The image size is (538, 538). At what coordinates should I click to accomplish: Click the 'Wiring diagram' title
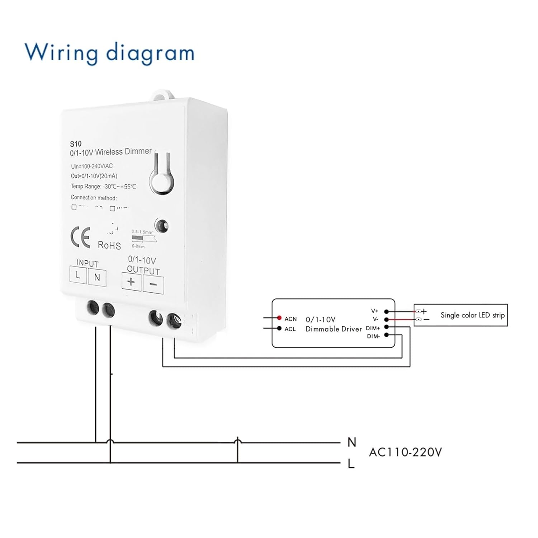coord(109,53)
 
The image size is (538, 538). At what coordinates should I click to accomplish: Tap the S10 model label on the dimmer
coord(76,144)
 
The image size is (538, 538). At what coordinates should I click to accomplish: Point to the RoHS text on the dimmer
coord(109,245)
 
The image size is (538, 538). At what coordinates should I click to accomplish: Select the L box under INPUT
coord(78,275)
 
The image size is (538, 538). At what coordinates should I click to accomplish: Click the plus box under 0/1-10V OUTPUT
coord(131,282)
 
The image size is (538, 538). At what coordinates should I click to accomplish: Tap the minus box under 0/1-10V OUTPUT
coord(153,284)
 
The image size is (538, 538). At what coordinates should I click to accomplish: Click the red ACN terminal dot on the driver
coord(279,318)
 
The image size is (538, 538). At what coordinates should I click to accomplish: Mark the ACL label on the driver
coord(290,329)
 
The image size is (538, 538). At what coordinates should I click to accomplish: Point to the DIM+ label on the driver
coord(373,328)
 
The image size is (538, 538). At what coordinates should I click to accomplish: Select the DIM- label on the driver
coord(373,336)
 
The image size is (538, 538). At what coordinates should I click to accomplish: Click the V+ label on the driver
coord(374,311)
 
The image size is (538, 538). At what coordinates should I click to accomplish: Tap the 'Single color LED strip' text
coord(472,315)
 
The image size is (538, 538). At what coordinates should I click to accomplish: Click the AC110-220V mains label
coord(405,452)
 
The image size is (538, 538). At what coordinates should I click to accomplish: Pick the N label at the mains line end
coord(351,442)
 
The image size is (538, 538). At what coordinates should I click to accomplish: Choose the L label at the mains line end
coord(351,464)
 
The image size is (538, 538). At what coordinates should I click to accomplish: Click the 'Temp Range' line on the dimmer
coord(103,186)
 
